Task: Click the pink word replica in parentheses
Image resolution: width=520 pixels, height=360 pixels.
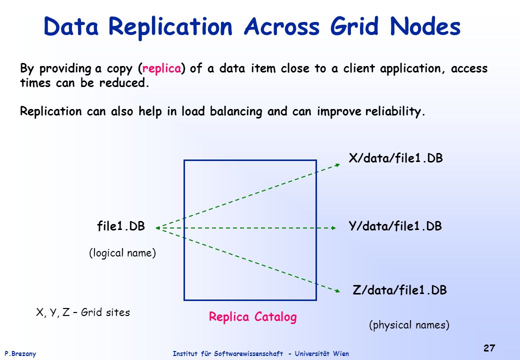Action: (162, 68)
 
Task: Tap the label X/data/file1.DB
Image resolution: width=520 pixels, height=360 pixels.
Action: (395, 158)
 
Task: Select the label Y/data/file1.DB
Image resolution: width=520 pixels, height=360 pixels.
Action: (395, 226)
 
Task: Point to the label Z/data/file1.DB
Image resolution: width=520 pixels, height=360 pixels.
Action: (399, 290)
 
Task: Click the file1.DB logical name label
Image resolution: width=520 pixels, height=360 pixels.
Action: (121, 226)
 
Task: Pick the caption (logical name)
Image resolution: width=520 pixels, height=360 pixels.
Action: (122, 253)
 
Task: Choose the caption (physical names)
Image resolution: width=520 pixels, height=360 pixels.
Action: (409, 325)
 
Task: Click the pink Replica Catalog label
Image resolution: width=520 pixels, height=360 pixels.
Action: (252, 317)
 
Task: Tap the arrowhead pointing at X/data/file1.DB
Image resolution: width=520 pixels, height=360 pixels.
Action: (337, 165)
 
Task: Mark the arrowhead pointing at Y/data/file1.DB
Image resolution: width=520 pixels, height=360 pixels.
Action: (333, 228)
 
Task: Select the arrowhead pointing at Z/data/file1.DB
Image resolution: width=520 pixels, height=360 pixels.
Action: (337, 291)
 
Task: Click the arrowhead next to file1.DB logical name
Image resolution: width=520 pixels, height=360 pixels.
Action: (158, 227)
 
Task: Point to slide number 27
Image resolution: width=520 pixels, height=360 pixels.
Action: (489, 348)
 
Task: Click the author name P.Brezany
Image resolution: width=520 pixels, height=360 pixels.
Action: (20, 353)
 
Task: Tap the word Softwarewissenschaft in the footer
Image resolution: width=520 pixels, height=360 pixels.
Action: (248, 353)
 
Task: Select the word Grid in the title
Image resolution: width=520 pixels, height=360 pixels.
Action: (354, 26)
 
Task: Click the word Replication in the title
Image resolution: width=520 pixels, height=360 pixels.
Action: (170, 27)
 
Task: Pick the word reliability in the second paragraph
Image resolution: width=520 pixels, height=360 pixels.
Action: (395, 111)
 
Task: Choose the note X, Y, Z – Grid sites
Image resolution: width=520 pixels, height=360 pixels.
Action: (83, 312)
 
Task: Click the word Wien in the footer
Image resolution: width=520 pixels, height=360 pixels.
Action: (341, 353)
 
